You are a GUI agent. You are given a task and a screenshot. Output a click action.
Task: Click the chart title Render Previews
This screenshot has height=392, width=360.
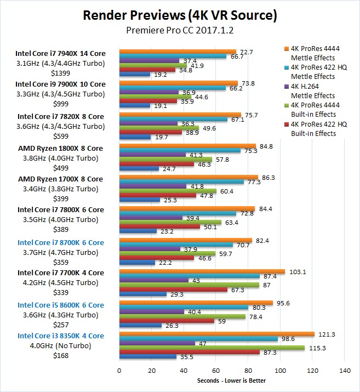(x=180, y=15)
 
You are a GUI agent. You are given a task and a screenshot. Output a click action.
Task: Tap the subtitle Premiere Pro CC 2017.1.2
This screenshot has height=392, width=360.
(x=180, y=31)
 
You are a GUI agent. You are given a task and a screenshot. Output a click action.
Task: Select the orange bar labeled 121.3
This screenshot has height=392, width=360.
(x=217, y=334)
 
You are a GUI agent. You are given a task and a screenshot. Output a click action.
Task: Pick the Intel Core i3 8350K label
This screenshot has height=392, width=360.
(x=60, y=336)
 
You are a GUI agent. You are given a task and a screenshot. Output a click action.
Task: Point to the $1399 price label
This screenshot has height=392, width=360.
(x=60, y=73)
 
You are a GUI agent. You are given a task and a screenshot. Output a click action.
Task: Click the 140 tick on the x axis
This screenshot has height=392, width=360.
(x=345, y=371)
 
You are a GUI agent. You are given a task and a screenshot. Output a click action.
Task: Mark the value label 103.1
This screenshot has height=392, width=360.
(x=295, y=271)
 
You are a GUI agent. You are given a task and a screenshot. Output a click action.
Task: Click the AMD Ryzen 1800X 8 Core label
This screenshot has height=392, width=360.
(x=60, y=148)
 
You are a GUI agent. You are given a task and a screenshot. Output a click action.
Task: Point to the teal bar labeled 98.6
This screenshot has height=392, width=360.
(x=198, y=339)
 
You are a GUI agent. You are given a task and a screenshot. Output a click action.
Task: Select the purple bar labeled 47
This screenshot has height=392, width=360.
(x=157, y=343)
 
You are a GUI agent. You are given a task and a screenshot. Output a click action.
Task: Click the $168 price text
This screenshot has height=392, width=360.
(x=60, y=356)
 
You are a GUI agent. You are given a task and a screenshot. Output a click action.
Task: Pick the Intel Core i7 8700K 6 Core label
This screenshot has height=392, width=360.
(x=60, y=242)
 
